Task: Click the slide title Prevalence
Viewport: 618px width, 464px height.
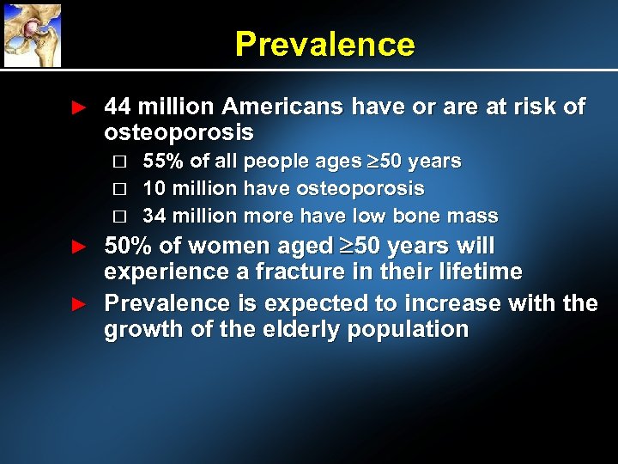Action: (x=324, y=44)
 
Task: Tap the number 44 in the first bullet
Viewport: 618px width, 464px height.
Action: (x=117, y=107)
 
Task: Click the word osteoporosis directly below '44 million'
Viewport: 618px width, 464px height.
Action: (x=179, y=132)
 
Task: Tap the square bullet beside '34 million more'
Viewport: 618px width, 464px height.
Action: (x=119, y=217)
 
